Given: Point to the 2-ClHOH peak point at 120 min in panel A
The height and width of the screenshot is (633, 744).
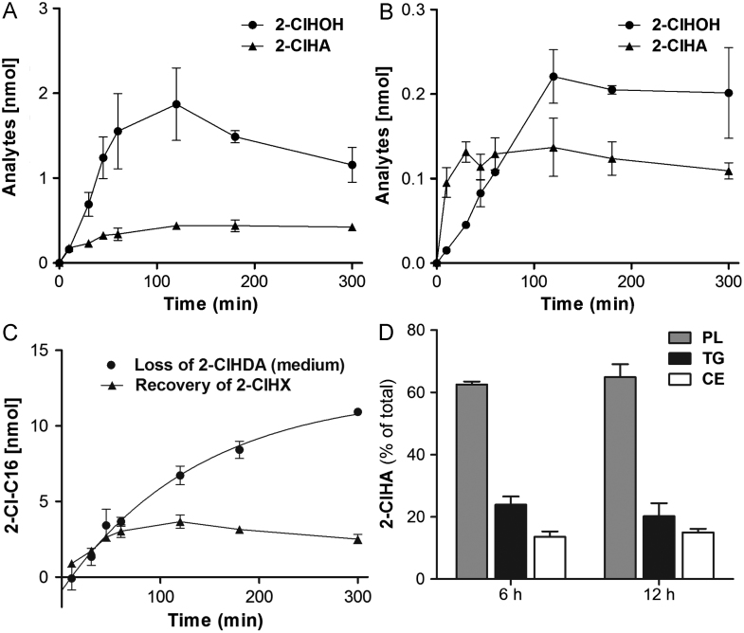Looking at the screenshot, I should [176, 104].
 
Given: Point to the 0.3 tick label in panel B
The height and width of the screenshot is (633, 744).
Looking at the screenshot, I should [415, 9].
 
